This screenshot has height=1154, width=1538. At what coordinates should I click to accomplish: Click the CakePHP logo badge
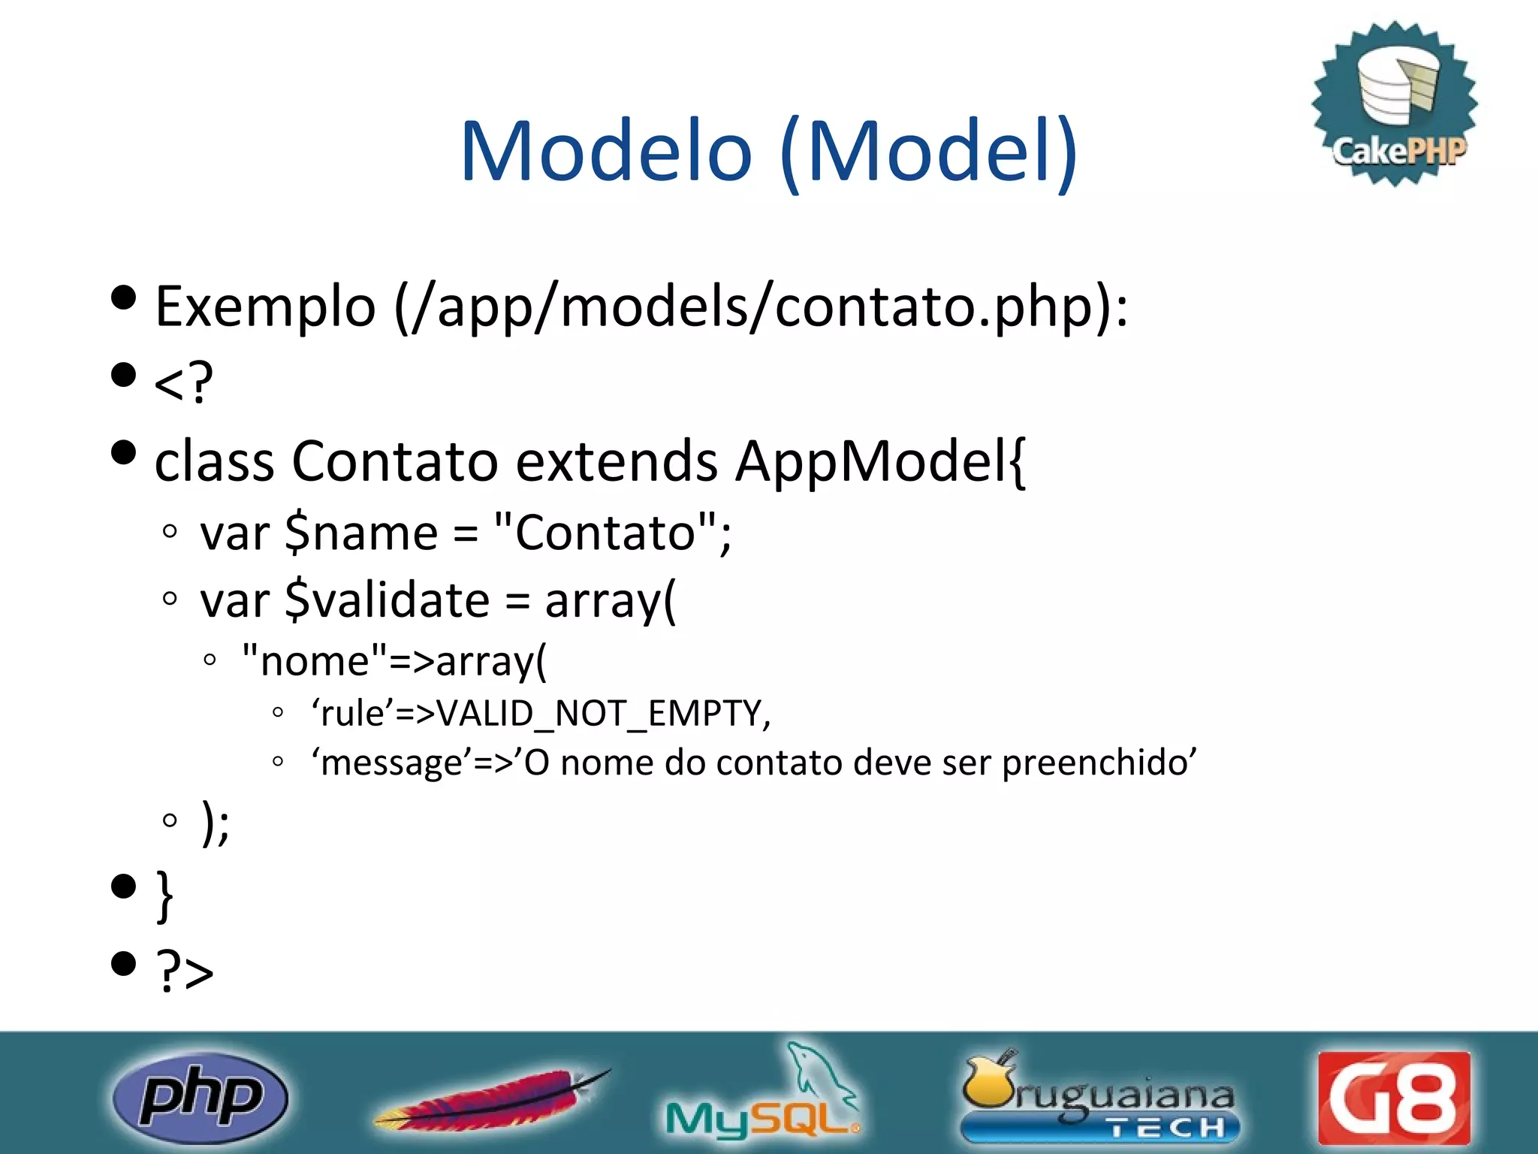(1395, 104)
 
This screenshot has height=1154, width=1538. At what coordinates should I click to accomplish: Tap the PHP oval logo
(200, 1098)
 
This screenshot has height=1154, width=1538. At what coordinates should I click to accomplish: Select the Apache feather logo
(492, 1099)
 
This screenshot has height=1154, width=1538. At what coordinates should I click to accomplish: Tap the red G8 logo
(1394, 1098)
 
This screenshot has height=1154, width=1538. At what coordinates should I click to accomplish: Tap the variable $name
(361, 533)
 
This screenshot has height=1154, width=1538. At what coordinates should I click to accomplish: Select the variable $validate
(387, 601)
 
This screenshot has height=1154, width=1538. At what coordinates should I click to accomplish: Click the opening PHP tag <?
(183, 382)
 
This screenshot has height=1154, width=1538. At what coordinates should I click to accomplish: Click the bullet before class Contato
(123, 452)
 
